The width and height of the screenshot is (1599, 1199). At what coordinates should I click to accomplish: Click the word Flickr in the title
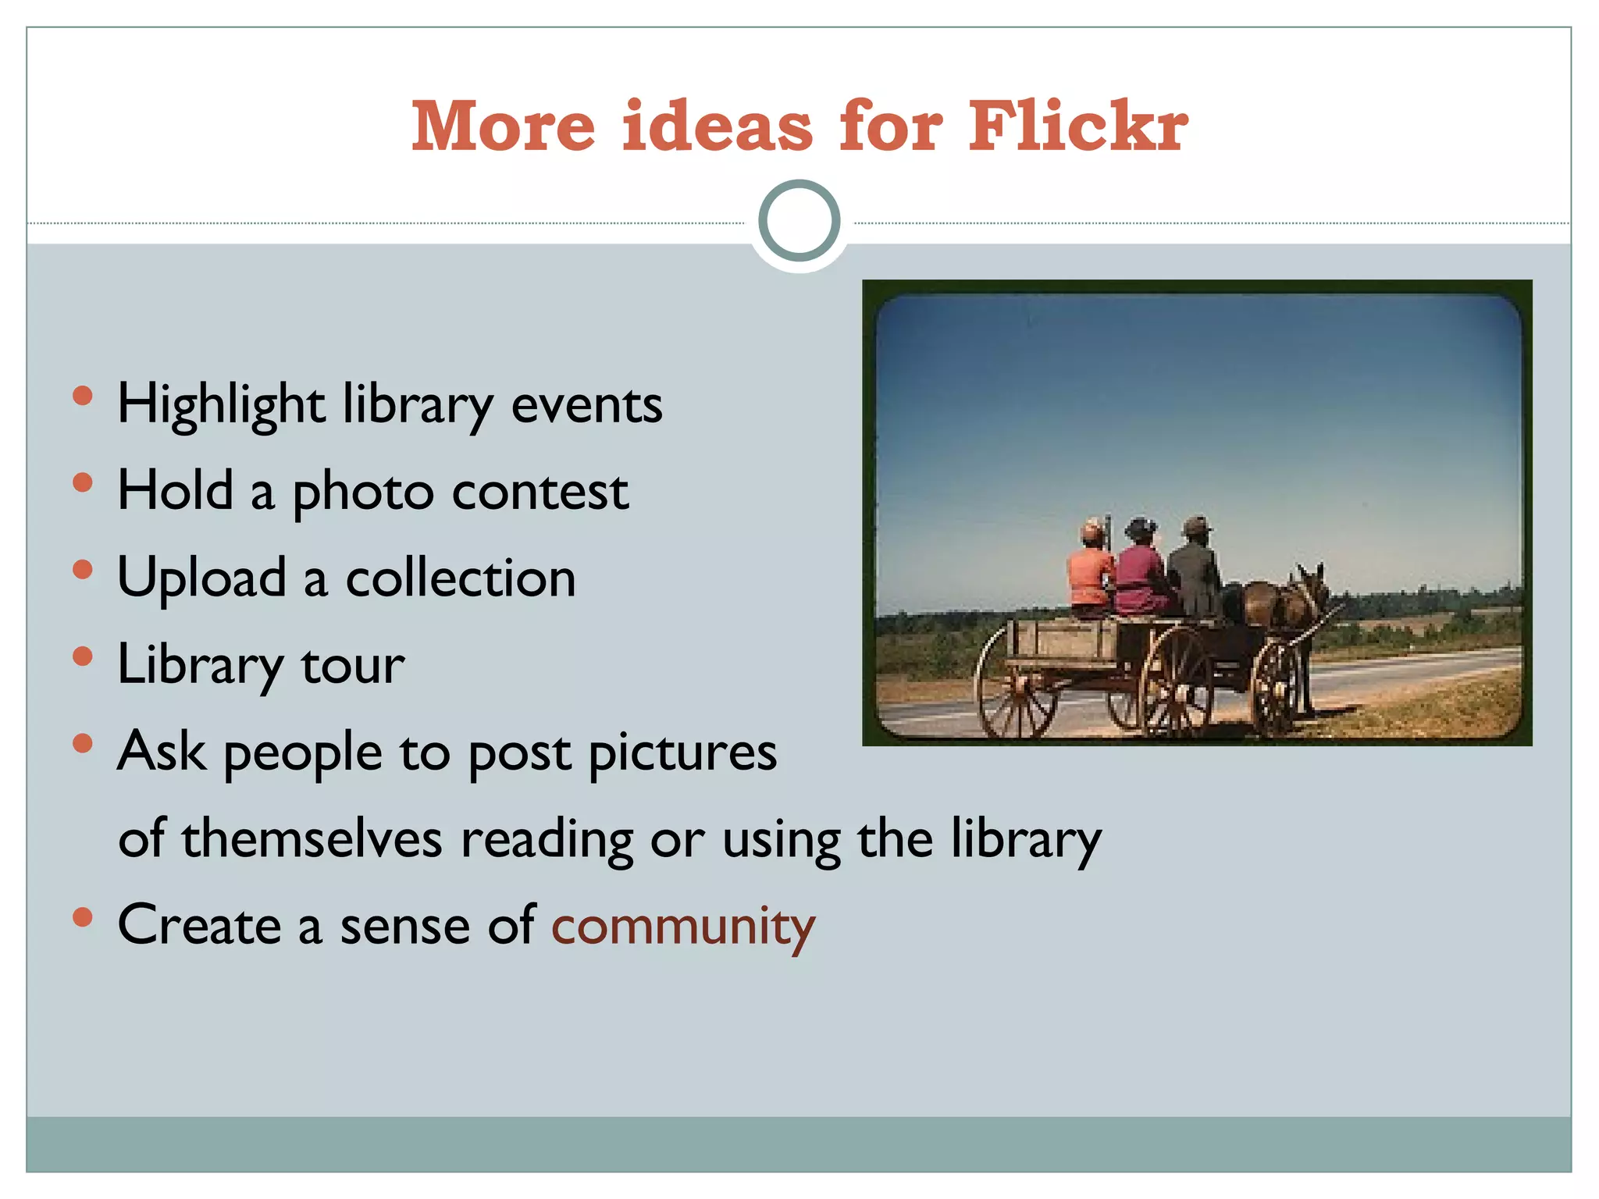click(x=1077, y=126)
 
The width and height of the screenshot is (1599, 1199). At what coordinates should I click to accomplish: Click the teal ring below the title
click(x=799, y=221)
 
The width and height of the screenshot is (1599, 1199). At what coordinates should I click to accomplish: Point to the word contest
click(x=540, y=493)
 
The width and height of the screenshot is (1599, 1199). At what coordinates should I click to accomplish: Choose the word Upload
click(x=202, y=579)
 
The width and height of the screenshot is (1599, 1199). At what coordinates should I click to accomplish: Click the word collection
click(x=461, y=579)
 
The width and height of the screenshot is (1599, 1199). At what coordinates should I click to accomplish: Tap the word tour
click(x=353, y=666)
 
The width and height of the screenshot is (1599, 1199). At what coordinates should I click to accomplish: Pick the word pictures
click(x=682, y=752)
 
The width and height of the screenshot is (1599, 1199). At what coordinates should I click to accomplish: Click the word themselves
click(x=312, y=839)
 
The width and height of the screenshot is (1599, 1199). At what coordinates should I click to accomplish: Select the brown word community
click(x=683, y=927)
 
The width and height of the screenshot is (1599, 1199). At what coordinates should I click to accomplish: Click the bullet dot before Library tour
click(x=82, y=656)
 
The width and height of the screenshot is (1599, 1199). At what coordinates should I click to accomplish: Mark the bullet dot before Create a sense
click(x=82, y=916)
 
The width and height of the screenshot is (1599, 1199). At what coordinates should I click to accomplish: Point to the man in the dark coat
click(x=1195, y=574)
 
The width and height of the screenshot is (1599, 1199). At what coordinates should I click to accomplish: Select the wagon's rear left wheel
click(x=1015, y=683)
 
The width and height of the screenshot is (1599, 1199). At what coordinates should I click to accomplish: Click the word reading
click(x=546, y=839)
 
